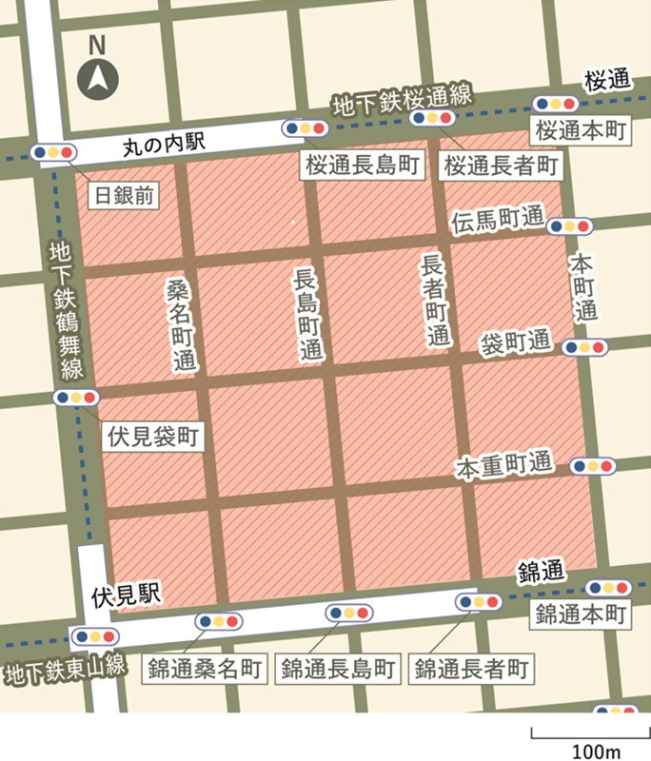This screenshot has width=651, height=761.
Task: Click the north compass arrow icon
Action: tap(98, 77)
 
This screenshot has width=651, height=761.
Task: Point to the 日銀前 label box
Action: tap(126, 196)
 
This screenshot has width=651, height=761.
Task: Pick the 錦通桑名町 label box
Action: tap(207, 668)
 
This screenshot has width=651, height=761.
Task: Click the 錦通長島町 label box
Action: tap(338, 668)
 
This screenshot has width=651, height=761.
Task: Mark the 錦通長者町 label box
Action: tap(471, 668)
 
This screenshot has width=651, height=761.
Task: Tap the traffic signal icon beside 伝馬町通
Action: tap(568, 226)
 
